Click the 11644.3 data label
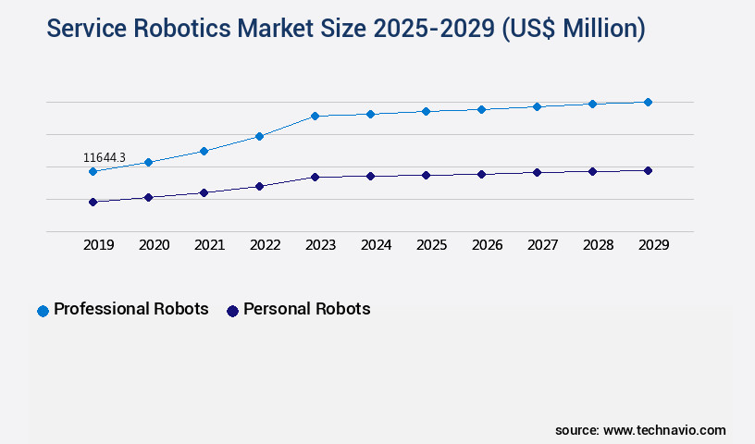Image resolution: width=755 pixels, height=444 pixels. [105, 158]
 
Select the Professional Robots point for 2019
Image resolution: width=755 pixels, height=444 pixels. [93, 171]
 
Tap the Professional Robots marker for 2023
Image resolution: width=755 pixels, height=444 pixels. [315, 116]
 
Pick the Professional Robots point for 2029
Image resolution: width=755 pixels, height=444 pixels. [648, 102]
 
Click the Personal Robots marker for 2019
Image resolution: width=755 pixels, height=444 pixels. [93, 202]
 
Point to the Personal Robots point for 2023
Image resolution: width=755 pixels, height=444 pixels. [315, 177]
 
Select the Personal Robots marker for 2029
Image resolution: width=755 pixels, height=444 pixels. [648, 170]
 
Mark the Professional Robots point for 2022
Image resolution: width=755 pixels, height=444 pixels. [259, 136]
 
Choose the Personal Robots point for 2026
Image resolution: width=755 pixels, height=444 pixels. [481, 174]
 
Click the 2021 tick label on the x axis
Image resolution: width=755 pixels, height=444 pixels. [209, 245]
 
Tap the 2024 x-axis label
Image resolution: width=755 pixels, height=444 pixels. [376, 245]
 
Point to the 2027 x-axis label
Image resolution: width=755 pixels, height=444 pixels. [542, 245]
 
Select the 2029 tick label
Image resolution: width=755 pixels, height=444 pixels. [653, 245]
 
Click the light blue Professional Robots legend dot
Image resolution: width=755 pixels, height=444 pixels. [43, 311]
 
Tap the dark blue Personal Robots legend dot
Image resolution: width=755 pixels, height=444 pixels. [232, 311]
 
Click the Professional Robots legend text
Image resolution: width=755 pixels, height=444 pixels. [130, 309]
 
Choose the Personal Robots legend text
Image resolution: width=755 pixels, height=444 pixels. [306, 309]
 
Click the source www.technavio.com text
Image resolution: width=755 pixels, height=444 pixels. [640, 430]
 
